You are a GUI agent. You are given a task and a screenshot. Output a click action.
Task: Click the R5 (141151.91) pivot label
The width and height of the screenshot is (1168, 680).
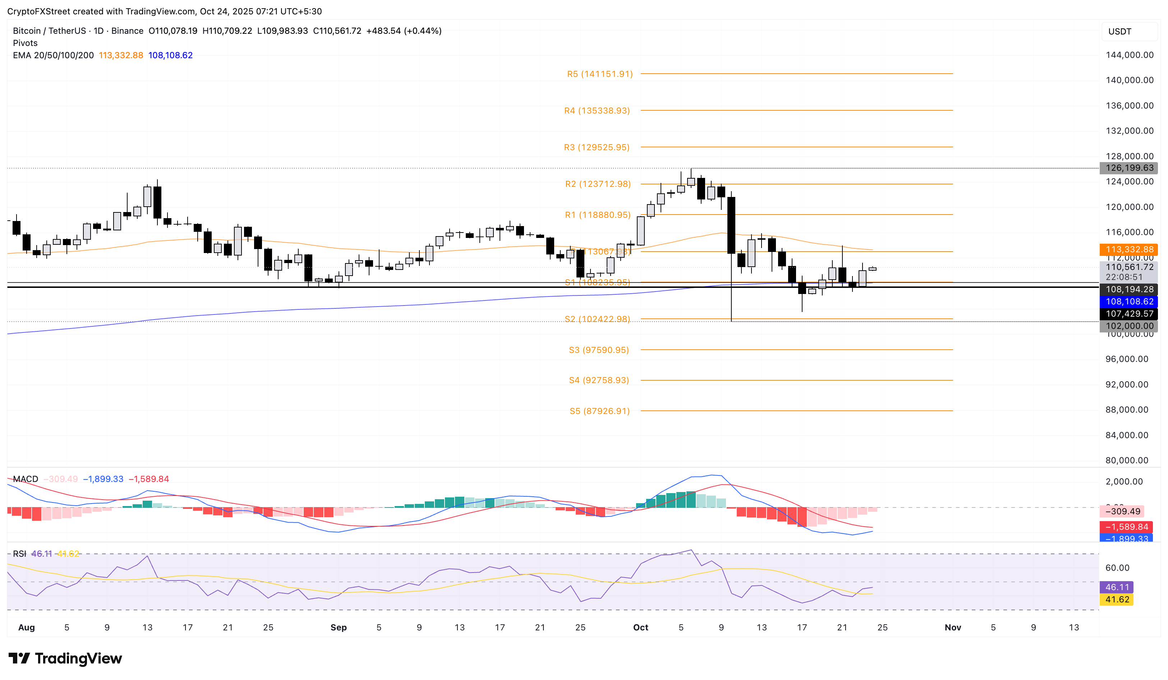click(599, 74)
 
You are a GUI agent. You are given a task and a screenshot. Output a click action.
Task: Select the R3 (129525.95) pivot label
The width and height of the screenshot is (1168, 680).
click(597, 147)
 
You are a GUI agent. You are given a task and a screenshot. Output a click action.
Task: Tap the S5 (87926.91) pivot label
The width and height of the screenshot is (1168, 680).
click(599, 411)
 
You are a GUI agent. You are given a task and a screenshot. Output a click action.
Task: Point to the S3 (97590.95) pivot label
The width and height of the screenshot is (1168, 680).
click(599, 350)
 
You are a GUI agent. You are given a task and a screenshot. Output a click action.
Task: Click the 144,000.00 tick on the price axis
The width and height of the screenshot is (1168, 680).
click(1129, 55)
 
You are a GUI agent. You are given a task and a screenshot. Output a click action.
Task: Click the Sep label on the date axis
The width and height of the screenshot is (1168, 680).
click(338, 628)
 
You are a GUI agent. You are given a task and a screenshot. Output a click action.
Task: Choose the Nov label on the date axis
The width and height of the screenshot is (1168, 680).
click(952, 628)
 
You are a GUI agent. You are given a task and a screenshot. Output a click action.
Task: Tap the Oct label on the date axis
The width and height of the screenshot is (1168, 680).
click(640, 628)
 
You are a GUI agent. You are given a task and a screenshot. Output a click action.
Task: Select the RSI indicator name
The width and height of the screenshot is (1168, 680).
click(19, 554)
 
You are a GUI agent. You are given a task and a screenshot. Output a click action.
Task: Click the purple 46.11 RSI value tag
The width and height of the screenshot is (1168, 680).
click(1117, 587)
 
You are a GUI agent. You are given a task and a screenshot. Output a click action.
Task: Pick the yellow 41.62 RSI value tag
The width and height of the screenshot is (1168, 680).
click(1117, 600)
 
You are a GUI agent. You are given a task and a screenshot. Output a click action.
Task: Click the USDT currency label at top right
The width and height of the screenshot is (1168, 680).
click(1119, 32)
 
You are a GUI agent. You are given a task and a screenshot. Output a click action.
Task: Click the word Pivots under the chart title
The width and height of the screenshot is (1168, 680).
click(25, 43)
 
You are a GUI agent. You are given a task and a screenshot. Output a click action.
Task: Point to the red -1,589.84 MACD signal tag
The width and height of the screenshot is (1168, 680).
click(1126, 527)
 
